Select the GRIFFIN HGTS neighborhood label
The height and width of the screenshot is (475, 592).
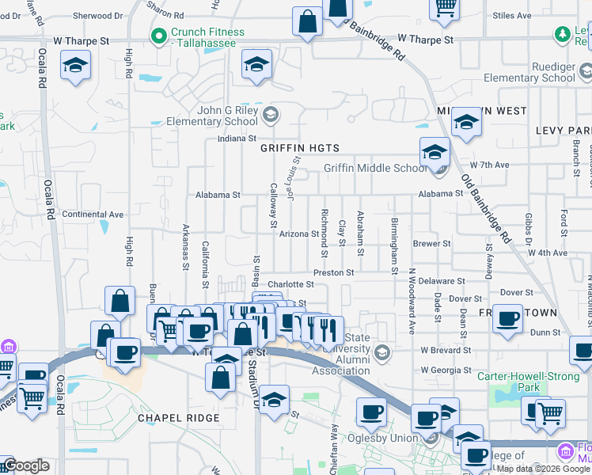300,148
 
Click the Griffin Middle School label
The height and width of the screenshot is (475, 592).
375,168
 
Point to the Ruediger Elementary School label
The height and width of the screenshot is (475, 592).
536,72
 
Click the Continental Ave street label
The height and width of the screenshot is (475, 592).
93,215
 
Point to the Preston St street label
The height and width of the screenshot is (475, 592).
332,272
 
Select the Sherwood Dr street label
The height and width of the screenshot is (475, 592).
98,15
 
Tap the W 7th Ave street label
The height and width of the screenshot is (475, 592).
488,165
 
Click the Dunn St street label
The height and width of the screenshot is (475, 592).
545,333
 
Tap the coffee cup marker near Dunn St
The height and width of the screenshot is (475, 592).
507,319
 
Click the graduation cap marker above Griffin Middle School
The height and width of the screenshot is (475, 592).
435,151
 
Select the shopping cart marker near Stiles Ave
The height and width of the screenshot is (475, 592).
445,6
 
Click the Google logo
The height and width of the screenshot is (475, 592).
26,465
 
